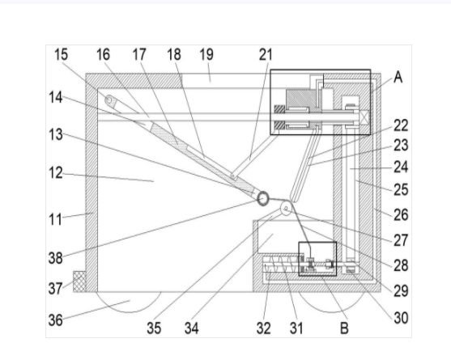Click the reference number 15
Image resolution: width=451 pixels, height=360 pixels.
61,54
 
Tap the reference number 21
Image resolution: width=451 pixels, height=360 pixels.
266,54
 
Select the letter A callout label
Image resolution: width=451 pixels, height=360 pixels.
398,77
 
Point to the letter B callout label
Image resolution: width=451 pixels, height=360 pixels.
344,328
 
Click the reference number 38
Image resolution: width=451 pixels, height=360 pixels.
56,258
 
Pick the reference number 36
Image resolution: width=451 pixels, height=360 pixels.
56,320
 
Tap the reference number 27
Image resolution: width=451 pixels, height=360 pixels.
401,240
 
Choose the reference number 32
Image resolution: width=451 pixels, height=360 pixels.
264,328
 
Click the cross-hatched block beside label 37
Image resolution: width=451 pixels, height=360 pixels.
79,282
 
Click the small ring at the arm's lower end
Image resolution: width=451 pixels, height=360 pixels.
262,198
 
